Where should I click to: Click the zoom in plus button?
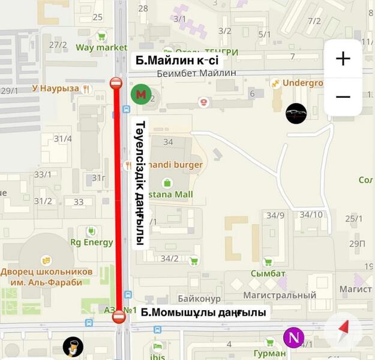(343, 58)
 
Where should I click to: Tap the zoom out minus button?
(343, 97)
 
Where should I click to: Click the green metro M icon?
(140, 94)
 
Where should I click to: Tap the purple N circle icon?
(293, 337)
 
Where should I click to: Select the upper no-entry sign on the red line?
(116, 83)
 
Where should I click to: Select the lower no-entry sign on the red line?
(119, 316)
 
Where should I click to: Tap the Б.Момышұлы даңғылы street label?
(203, 313)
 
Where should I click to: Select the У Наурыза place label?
(55, 88)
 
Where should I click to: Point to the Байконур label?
(199, 298)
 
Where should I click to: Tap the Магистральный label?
(280, 295)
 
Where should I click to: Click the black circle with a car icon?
(296, 113)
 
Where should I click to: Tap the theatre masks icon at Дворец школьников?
(46, 260)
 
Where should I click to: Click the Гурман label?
(269, 353)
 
